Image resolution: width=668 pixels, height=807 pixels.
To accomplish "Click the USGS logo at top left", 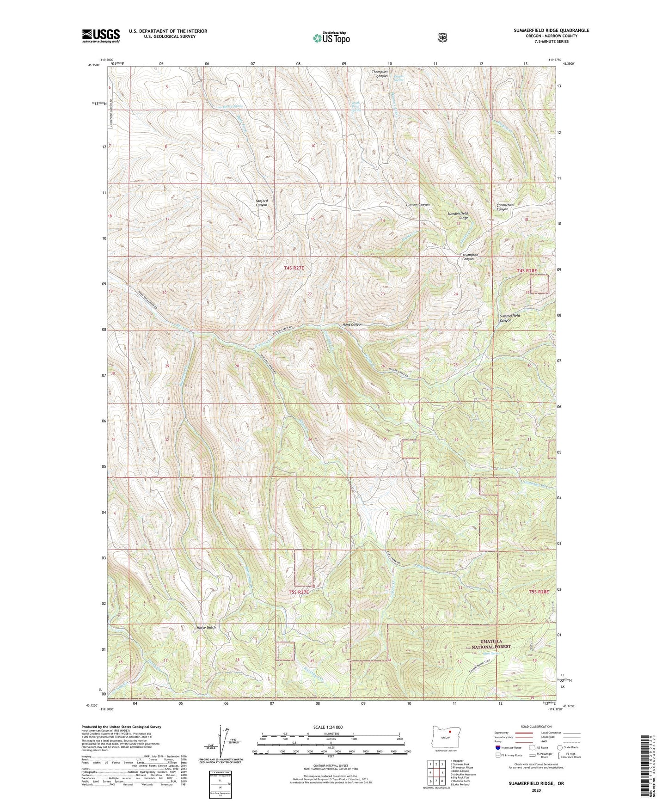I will pyautogui.click(x=101, y=36).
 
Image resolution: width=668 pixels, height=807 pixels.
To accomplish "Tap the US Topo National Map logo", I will pyautogui.click(x=331, y=38).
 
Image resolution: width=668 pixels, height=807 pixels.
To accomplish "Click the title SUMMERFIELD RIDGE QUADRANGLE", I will pyautogui.click(x=551, y=31).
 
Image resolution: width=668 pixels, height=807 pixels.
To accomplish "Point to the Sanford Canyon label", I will pyautogui.click(x=262, y=203).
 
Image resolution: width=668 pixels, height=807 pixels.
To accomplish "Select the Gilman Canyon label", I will pyautogui.click(x=418, y=205).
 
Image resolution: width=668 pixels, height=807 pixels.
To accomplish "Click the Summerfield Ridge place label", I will pyautogui.click(x=458, y=216).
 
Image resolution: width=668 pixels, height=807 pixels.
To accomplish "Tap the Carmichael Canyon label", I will pyautogui.click(x=509, y=207).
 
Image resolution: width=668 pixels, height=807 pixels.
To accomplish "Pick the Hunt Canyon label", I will pyautogui.click(x=352, y=325).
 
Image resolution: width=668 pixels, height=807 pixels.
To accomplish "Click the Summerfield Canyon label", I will pyautogui.click(x=509, y=318).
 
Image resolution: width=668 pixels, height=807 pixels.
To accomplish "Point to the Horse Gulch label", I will pyautogui.click(x=206, y=628).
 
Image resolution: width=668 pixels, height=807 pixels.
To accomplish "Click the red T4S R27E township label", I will pyautogui.click(x=294, y=268).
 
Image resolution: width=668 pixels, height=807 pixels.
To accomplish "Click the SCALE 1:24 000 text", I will pyautogui.click(x=328, y=727).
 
